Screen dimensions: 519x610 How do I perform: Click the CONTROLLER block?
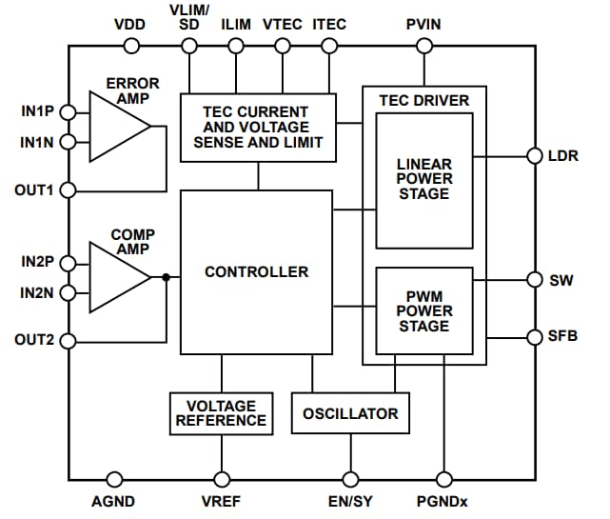coord(256,271)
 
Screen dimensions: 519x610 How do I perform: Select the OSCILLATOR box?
coord(350,413)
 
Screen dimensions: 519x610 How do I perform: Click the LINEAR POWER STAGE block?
coord(423,179)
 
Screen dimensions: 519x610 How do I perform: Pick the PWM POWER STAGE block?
coord(423,310)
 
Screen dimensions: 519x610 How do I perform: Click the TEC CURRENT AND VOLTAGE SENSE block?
coord(258,128)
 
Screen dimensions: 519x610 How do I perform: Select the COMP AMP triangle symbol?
coord(116,277)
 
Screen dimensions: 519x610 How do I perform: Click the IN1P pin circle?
coord(68,112)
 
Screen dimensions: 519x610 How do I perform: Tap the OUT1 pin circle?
coord(68,190)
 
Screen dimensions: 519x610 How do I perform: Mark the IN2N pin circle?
coord(68,292)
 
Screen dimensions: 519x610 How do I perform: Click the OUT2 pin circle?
coord(68,340)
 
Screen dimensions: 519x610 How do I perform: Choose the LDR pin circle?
coord(534,155)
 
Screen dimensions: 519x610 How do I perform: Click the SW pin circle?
coord(534,280)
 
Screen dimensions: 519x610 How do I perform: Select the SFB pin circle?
coord(534,336)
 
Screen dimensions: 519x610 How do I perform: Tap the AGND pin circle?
coord(115,479)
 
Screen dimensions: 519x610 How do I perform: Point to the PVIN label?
coord(420,24)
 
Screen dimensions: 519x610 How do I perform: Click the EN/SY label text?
coord(350,502)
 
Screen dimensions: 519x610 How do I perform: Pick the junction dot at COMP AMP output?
coord(166,277)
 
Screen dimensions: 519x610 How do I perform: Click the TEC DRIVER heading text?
coord(423,100)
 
